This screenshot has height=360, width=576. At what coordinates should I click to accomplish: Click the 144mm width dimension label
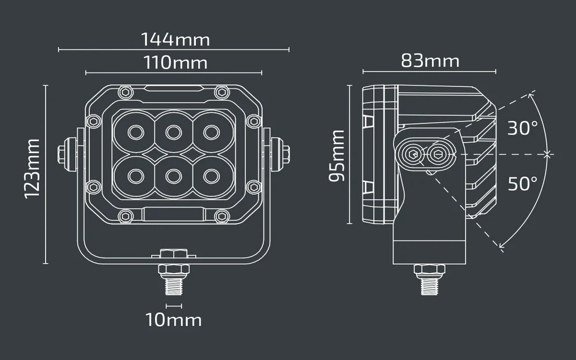pyautogui.click(x=175, y=39)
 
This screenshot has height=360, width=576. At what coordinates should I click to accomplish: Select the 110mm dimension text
pyautogui.click(x=175, y=62)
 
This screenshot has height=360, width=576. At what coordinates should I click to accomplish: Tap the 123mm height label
pyautogui.click(x=32, y=169)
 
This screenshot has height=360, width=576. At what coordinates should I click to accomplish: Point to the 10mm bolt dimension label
pyautogui.click(x=173, y=320)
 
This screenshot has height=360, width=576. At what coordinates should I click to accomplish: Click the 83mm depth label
pyautogui.click(x=430, y=60)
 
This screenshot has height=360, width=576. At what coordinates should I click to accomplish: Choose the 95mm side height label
pyautogui.click(x=337, y=156)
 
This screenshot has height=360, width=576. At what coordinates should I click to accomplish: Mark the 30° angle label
pyautogui.click(x=522, y=128)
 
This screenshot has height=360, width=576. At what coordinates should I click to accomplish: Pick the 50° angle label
pyautogui.click(x=522, y=183)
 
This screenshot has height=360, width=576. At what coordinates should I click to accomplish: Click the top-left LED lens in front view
pyautogui.click(x=135, y=132)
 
